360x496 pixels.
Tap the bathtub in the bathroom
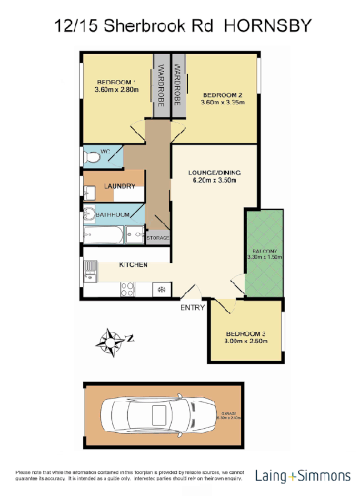(103, 234)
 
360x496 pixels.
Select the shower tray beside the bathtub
(135, 233)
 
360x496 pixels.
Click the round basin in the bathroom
(90, 214)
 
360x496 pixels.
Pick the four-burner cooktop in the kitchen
(127, 290)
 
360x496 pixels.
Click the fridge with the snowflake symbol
(161, 290)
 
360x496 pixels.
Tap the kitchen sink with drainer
(89, 271)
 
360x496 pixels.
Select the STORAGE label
(158, 238)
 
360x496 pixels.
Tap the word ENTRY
(192, 308)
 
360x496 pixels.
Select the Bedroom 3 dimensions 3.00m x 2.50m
(246, 341)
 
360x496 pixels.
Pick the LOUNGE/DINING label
(215, 173)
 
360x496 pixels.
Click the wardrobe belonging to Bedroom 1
(161, 86)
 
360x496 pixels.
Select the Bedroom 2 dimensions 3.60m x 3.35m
(223, 103)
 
